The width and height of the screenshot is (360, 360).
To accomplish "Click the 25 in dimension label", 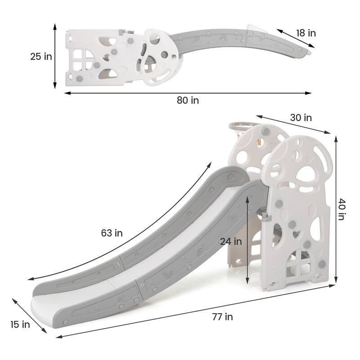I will click(x=41, y=56).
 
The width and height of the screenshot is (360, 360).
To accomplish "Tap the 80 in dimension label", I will click(x=188, y=100).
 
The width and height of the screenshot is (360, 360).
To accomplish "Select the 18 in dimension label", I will click(x=306, y=33).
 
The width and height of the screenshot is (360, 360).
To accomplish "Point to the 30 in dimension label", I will click(x=301, y=117).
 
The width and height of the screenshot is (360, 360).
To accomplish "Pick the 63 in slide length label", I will click(x=112, y=233).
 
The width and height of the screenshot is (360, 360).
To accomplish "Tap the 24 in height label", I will click(x=231, y=241).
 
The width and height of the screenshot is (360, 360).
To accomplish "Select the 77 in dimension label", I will click(x=222, y=317).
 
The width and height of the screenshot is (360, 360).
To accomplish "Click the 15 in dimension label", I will click(x=20, y=324).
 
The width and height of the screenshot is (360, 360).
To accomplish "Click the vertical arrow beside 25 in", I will click(x=55, y=56).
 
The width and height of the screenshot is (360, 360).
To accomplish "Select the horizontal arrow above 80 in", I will click(x=188, y=93).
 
